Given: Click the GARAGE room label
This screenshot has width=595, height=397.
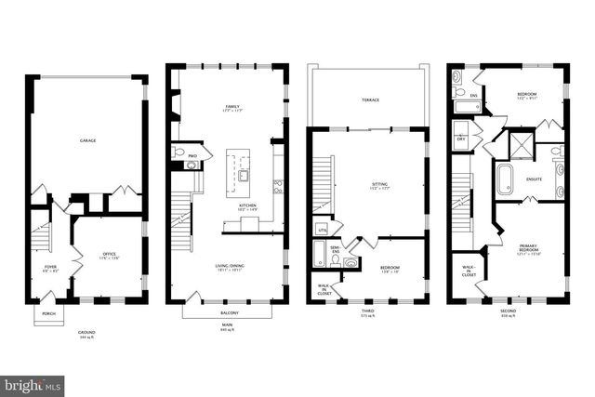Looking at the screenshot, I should click(x=87, y=140).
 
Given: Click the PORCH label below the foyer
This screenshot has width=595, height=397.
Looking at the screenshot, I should click(x=49, y=313).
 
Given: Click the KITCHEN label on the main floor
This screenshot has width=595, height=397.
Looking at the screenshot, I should click(x=247, y=205).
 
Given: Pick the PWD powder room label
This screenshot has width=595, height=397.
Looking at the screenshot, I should click(x=193, y=155).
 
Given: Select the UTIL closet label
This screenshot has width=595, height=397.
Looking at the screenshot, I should click(x=323, y=228).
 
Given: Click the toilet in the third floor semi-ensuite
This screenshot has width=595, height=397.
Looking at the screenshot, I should click(x=350, y=262).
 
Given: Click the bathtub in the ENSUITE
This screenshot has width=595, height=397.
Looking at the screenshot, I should click(x=505, y=179).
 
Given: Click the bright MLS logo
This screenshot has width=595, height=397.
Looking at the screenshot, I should click(x=32, y=383).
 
